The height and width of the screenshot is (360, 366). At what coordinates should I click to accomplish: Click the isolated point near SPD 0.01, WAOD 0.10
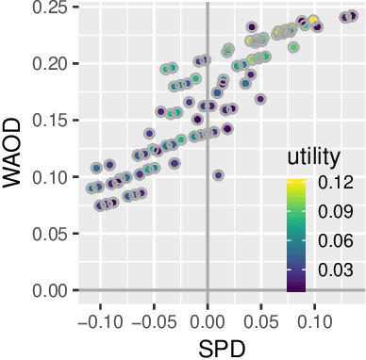pyautogui.click(x=219, y=175)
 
